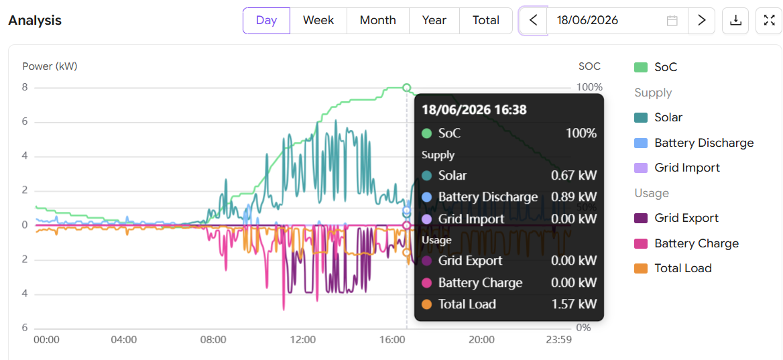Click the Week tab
pyautogui.click(x=318, y=21)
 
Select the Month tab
pyautogui.click(x=378, y=21)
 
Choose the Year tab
pyautogui.click(x=434, y=21)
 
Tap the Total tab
pyautogui.click(x=486, y=21)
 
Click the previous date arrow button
pyautogui.click(x=534, y=21)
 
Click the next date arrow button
pyautogui.click(x=702, y=21)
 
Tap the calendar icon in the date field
pyautogui.click(x=672, y=21)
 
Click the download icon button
pyautogui.click(x=735, y=21)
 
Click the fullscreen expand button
pyautogui.click(x=769, y=21)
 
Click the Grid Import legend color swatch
pyautogui.click(x=641, y=168)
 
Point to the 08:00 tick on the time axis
pyautogui.click(x=214, y=340)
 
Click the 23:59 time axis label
pyautogui.click(x=558, y=340)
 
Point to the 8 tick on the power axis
pyautogui.click(x=24, y=87)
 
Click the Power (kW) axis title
pyautogui.click(x=50, y=66)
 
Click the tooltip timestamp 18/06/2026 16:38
pyautogui.click(x=474, y=109)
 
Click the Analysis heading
pyautogui.click(x=35, y=21)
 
